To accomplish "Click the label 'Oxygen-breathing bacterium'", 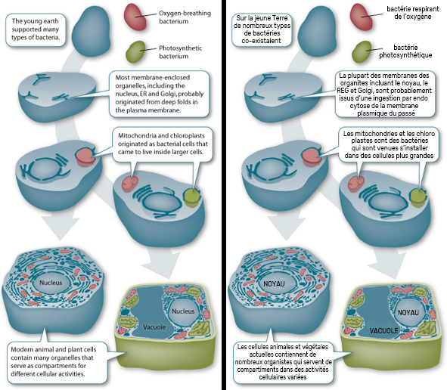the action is (185, 17).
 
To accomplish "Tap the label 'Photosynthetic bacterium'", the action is (180, 52).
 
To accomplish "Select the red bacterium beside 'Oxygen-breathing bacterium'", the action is (135, 17).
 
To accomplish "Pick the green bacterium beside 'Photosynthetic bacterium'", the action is (135, 52).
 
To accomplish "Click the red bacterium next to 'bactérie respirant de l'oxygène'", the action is (362, 17).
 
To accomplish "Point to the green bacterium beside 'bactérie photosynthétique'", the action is (362, 52).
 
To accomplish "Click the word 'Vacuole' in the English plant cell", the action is (154, 327).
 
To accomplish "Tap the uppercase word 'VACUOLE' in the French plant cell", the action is (383, 331).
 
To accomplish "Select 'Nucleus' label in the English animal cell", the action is (51, 283).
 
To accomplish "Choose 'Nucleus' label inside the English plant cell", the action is (183, 311).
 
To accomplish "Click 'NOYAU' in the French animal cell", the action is (274, 283).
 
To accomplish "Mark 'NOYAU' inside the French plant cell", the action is (408, 312).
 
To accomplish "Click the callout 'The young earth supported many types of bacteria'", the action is (36, 29).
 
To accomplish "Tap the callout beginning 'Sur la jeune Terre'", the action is (262, 29).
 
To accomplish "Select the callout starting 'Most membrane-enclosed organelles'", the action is (159, 94).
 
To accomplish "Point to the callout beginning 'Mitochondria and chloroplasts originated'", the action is (163, 144).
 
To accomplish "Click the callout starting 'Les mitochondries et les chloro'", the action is (389, 144).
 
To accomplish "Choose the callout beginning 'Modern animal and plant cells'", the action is (57, 362).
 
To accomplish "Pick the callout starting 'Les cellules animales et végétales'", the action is (283, 362).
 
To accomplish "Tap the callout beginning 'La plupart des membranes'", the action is (385, 94).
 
